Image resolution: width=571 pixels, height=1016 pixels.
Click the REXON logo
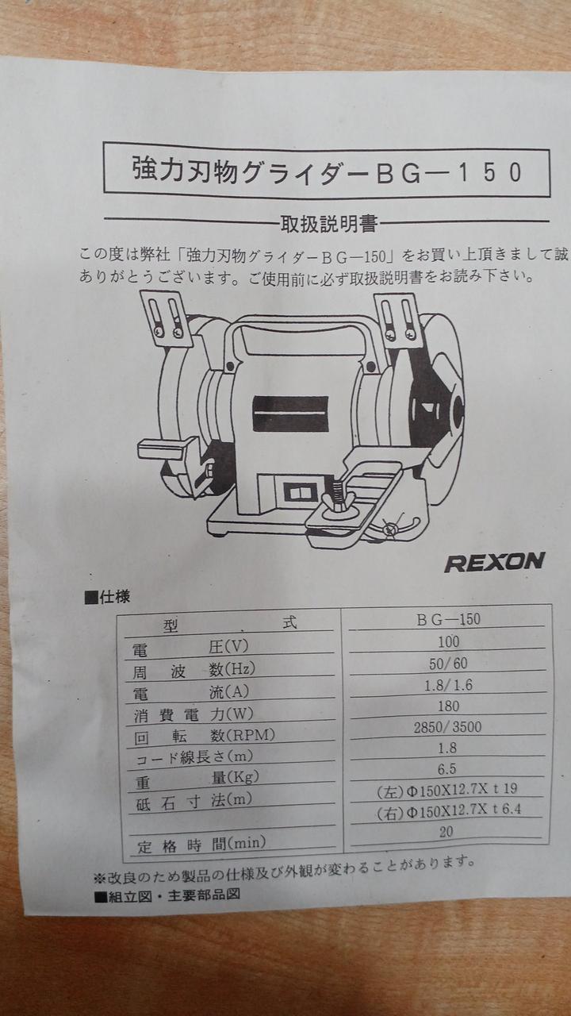pyautogui.click(x=494, y=563)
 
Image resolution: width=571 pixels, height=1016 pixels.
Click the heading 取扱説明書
pyautogui.click(x=329, y=224)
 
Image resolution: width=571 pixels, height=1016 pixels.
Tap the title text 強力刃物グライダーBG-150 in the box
pyautogui.click(x=328, y=171)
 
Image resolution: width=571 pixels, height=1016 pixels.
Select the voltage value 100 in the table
pyautogui.click(x=449, y=642)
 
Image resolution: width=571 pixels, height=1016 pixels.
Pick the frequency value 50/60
pyautogui.click(x=448, y=664)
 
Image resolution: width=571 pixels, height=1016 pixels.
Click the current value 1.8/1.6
pyautogui.click(x=448, y=685)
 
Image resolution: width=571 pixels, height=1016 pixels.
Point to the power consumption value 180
pyautogui.click(x=448, y=706)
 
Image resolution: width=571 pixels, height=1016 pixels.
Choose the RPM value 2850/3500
pyautogui.click(x=447, y=727)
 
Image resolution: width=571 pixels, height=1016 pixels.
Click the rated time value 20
pyautogui.click(x=446, y=831)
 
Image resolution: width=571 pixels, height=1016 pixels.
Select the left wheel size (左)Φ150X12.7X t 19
pyautogui.click(x=446, y=790)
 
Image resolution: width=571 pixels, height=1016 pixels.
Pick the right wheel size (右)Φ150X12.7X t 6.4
pyautogui.click(x=449, y=810)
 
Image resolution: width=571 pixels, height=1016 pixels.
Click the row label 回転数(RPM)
pyautogui.click(x=205, y=736)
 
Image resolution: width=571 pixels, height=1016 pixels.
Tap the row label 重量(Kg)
pyautogui.click(x=197, y=779)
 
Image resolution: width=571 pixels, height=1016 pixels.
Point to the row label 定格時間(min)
pyautogui.click(x=201, y=845)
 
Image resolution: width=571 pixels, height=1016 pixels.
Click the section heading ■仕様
pyautogui.click(x=107, y=597)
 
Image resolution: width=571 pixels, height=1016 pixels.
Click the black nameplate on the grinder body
pyautogui.click(x=290, y=414)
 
